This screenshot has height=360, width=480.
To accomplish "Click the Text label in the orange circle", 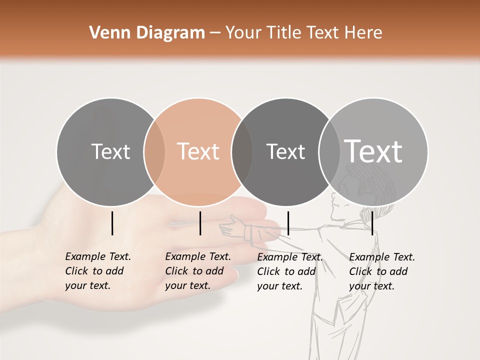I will coord(198,151).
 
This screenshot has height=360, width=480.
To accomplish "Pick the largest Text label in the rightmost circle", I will coord(373,151).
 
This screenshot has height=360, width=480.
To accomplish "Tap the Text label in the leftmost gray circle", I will coord(111,151).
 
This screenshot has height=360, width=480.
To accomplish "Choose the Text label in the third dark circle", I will coord(285,151).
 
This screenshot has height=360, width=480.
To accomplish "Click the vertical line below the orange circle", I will coord(200,223).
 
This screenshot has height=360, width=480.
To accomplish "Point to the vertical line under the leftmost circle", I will coord(112,223).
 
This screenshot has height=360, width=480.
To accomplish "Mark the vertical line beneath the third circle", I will coord(288,223).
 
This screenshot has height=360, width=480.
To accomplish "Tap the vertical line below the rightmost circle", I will coord(372,223).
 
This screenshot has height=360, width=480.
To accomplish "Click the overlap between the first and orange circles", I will coord(154,151).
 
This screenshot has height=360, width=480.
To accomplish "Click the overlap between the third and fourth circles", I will coord(329,151).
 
